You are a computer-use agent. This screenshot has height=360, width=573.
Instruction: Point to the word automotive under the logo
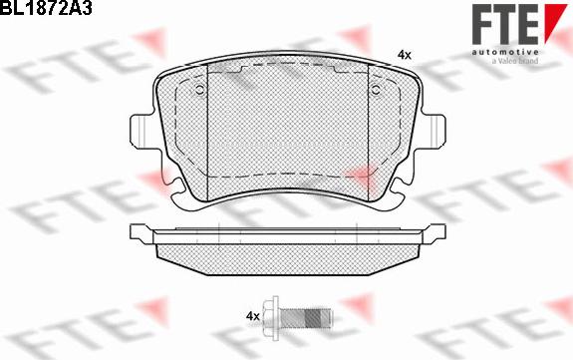click(505, 50)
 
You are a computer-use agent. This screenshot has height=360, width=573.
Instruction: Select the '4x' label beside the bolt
click(252, 316)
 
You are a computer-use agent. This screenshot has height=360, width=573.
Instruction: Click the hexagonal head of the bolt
click(273, 315)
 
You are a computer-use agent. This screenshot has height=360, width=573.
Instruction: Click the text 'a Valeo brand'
click(513, 61)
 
